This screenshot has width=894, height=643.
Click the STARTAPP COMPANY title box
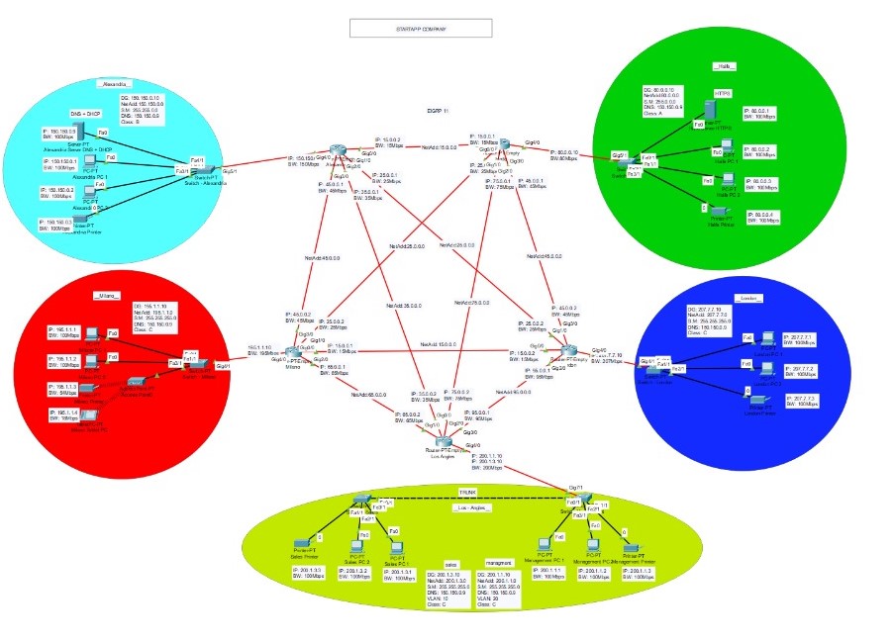421,29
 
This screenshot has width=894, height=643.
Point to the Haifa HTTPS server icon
708,110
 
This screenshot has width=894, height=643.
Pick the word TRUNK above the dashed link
468,491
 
